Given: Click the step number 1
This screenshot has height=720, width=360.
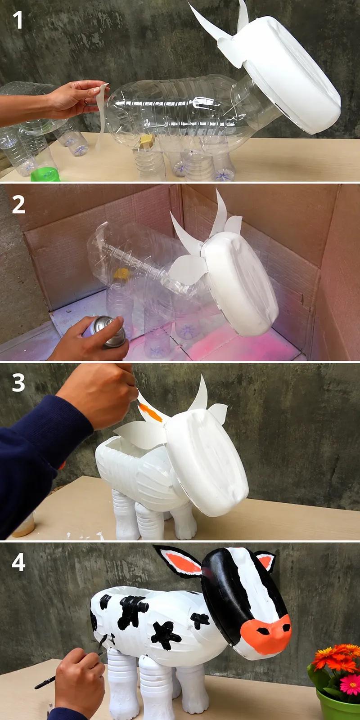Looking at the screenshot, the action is (18, 20).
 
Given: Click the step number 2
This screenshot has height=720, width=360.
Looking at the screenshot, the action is (18, 205).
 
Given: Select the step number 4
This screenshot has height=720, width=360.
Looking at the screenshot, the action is (18, 562).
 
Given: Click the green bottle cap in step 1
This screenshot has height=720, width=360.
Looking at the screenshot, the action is (45, 174).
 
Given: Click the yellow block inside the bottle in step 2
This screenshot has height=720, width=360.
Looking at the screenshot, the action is (121, 274).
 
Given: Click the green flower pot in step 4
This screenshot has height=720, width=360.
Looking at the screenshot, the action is (338, 702).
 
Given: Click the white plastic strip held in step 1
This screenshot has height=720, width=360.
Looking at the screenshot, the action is (101, 117).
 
